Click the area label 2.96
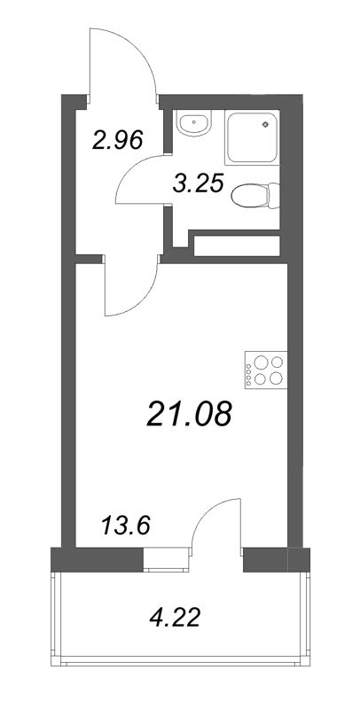coord(118,140)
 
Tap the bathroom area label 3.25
coord(199,184)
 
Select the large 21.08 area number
coord(190,414)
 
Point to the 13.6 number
coord(126,526)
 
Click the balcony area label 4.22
coord(175,617)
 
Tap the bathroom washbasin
coord(194,123)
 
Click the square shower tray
coord(252,137)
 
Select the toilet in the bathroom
coord(255,196)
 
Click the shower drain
coord(265,123)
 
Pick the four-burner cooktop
coord(266,370)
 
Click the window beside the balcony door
coord(166,560)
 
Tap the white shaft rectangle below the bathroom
coord(237,245)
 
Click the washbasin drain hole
coord(194,121)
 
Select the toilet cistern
coord(274,196)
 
